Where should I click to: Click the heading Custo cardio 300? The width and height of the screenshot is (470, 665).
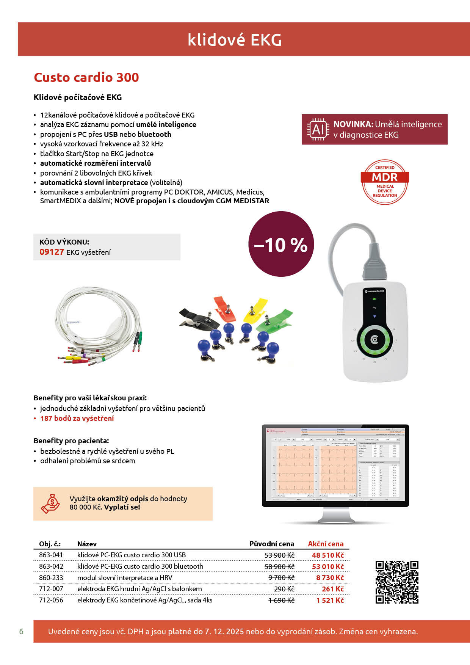click(86, 77)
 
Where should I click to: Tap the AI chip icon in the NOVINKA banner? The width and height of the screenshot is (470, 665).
click(318, 130)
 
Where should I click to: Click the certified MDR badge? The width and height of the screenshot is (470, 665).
click(385, 182)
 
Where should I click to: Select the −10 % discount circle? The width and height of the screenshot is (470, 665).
click(281, 244)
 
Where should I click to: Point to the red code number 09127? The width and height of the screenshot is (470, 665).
click(52, 252)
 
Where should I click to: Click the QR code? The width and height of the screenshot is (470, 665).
click(397, 582)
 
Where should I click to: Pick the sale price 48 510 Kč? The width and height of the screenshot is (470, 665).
click(328, 555)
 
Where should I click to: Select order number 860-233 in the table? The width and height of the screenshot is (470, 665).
click(51, 577)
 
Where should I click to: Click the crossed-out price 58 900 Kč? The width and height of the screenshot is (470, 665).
click(279, 566)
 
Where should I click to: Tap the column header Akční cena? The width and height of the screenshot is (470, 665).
click(326, 544)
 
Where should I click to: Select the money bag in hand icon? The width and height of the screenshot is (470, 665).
click(51, 503)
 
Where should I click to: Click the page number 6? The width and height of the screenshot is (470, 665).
click(21, 631)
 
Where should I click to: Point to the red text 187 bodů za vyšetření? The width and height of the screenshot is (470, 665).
click(77, 418)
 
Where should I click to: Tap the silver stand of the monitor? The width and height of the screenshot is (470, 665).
click(335, 515)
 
